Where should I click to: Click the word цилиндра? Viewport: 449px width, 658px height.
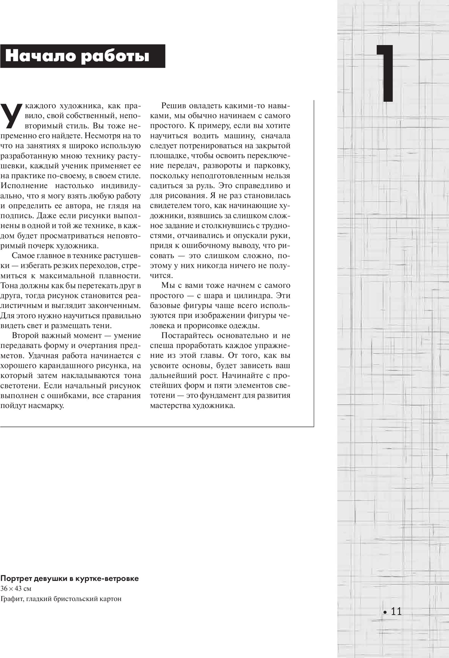[253, 295]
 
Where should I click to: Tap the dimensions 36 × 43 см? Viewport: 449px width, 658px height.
[16, 588]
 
